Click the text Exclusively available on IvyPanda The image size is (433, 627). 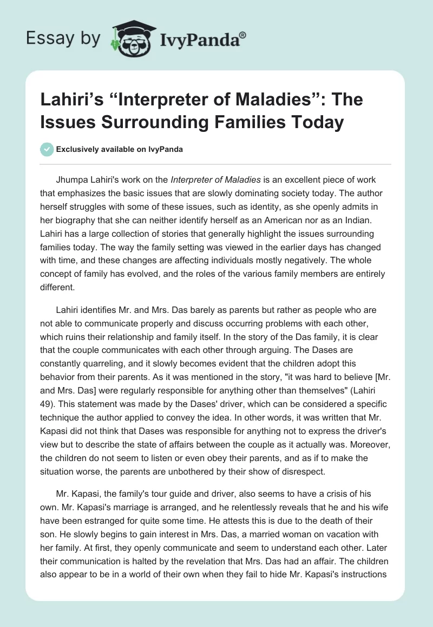119,149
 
